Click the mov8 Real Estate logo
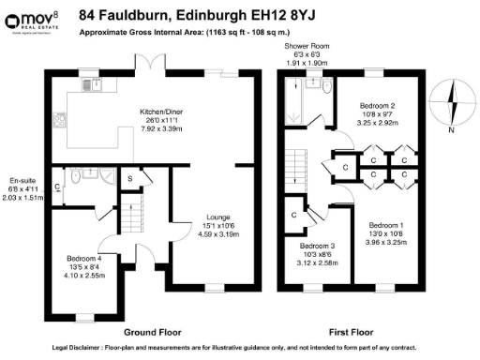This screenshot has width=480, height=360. pos(33,18)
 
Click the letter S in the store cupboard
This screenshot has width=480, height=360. pos(129,177)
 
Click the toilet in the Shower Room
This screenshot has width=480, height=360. pos(324,87)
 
